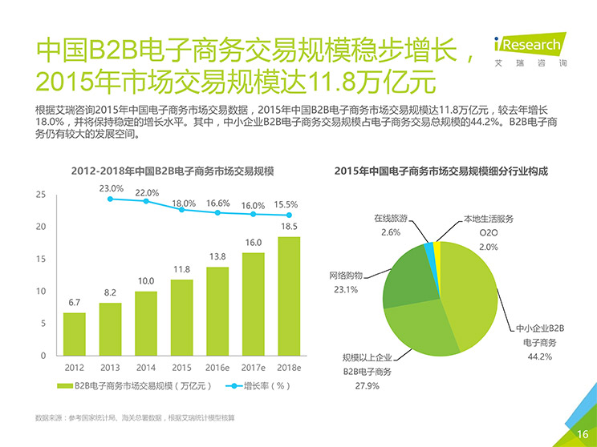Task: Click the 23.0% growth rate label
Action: point(111,188)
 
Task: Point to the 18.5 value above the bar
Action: point(290,227)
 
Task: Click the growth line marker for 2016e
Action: point(218,212)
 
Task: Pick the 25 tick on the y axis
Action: point(41,195)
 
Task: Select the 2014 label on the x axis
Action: point(146,368)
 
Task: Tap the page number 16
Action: point(583,434)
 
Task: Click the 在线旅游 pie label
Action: point(391,219)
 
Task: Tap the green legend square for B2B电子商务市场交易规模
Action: point(67,386)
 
